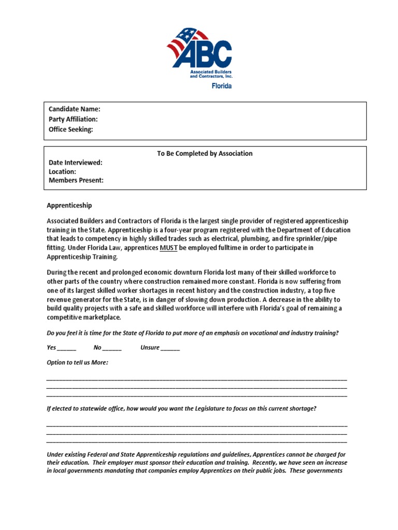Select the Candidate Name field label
[74, 109]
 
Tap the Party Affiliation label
[73, 120]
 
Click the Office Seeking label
[71, 130]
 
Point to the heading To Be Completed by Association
[205, 154]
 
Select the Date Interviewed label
[76, 163]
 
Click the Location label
[62, 172]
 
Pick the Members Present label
[76, 181]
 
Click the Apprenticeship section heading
[69, 205]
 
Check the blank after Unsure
[170, 348]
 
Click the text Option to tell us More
[78, 363]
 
